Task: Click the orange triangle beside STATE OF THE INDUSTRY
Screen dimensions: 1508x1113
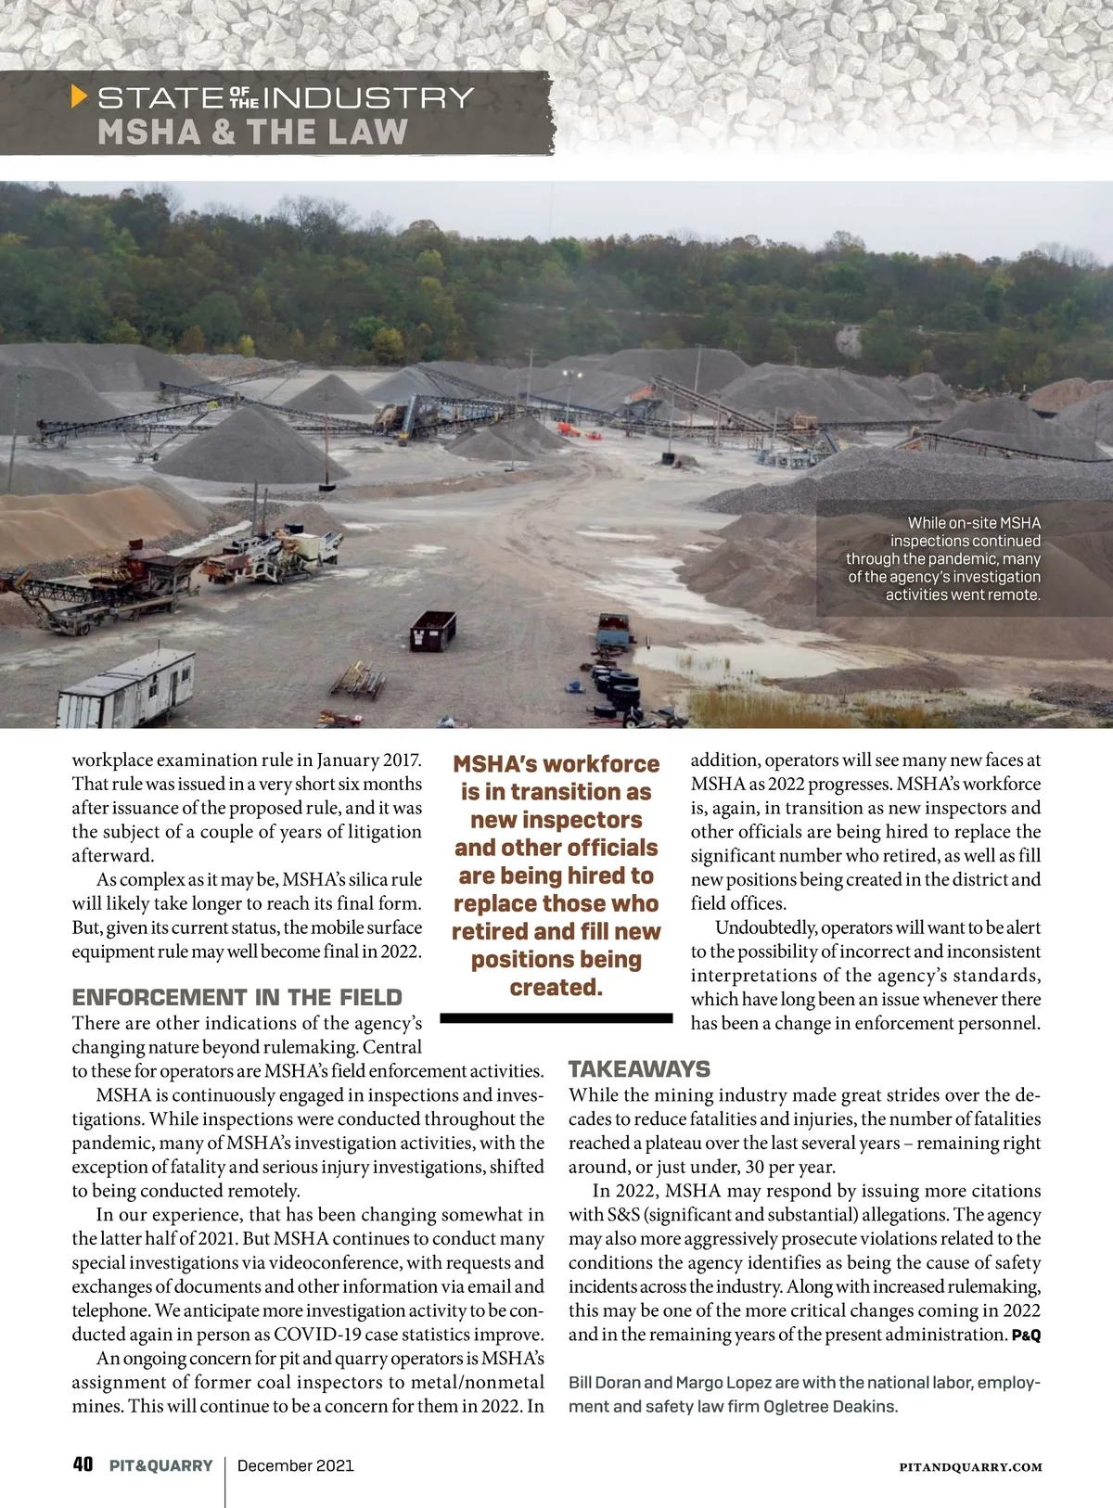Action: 80,96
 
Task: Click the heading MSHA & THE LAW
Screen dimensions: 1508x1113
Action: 252,132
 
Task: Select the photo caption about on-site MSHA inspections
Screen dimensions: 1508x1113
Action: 942,558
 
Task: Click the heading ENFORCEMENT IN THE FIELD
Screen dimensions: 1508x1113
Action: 237,998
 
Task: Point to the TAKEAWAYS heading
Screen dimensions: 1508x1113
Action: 639,1068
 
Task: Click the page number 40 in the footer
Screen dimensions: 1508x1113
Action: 83,1464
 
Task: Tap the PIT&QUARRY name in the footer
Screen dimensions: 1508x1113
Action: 160,1465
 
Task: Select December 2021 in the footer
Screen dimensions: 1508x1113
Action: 295,1465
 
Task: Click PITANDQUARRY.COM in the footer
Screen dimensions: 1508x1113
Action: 970,1467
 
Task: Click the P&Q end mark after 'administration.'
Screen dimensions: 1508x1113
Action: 1026,1335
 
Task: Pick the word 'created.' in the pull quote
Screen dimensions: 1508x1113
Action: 556,988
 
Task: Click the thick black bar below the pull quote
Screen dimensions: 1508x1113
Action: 556,1017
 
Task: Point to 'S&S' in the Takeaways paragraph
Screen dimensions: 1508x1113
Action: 622,1215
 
